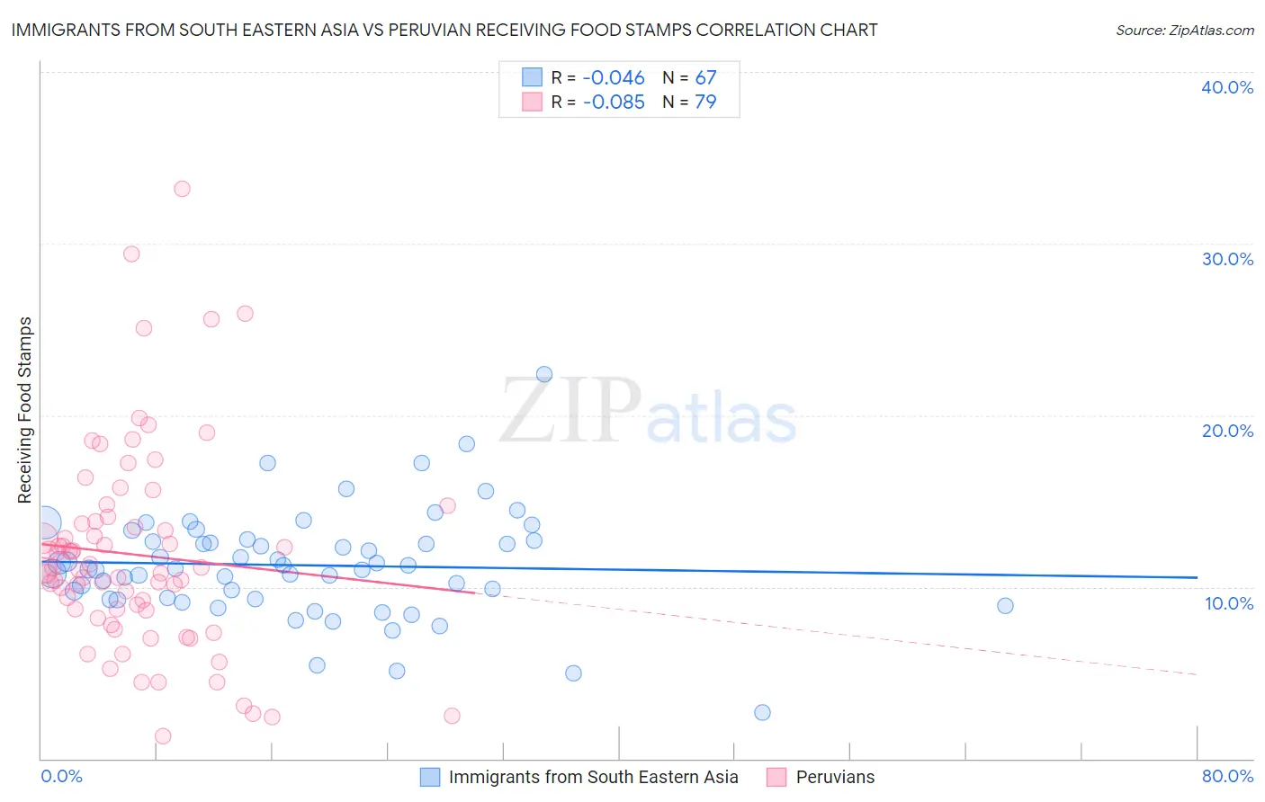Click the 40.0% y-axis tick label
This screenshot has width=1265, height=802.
click(1227, 87)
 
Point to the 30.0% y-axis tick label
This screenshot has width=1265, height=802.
click(1227, 259)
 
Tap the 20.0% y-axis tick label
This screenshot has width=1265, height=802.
click(1227, 431)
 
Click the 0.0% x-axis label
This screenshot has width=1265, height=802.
click(61, 776)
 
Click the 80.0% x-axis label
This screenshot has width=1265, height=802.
click(1227, 776)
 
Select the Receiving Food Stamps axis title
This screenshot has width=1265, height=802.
click(25, 410)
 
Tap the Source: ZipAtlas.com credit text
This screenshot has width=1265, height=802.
click(1184, 30)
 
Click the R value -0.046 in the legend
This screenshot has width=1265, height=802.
click(614, 78)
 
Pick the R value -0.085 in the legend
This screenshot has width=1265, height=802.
click(614, 102)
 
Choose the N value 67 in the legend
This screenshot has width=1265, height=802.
click(705, 78)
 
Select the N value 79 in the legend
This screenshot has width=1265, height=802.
click(705, 102)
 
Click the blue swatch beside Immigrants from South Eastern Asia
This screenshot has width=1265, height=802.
click(430, 777)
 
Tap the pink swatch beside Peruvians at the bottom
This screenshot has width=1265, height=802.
click(776, 777)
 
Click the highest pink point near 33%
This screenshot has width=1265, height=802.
click(182, 189)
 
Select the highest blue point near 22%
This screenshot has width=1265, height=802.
click(544, 374)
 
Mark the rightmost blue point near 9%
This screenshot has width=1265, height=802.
click(1005, 606)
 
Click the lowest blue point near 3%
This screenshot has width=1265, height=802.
click(762, 713)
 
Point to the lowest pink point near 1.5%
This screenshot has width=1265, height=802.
click(163, 736)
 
